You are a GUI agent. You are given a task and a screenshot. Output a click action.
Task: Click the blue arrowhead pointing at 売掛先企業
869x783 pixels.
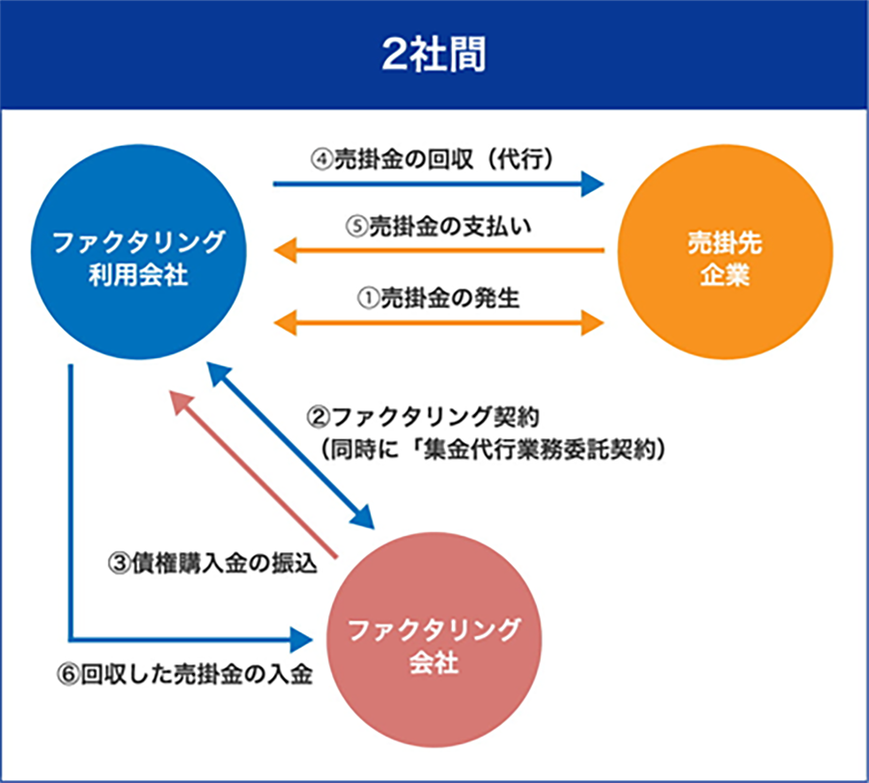tap(592, 182)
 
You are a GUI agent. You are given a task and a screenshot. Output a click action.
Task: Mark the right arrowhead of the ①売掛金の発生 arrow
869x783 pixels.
tap(592, 322)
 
